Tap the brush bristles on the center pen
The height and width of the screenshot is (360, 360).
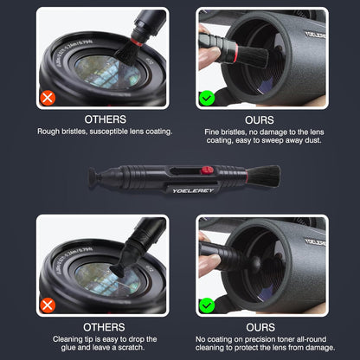[263, 175]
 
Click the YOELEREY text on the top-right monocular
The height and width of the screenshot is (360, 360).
[305, 39]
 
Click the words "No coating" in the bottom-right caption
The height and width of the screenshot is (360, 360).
[216, 339]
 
